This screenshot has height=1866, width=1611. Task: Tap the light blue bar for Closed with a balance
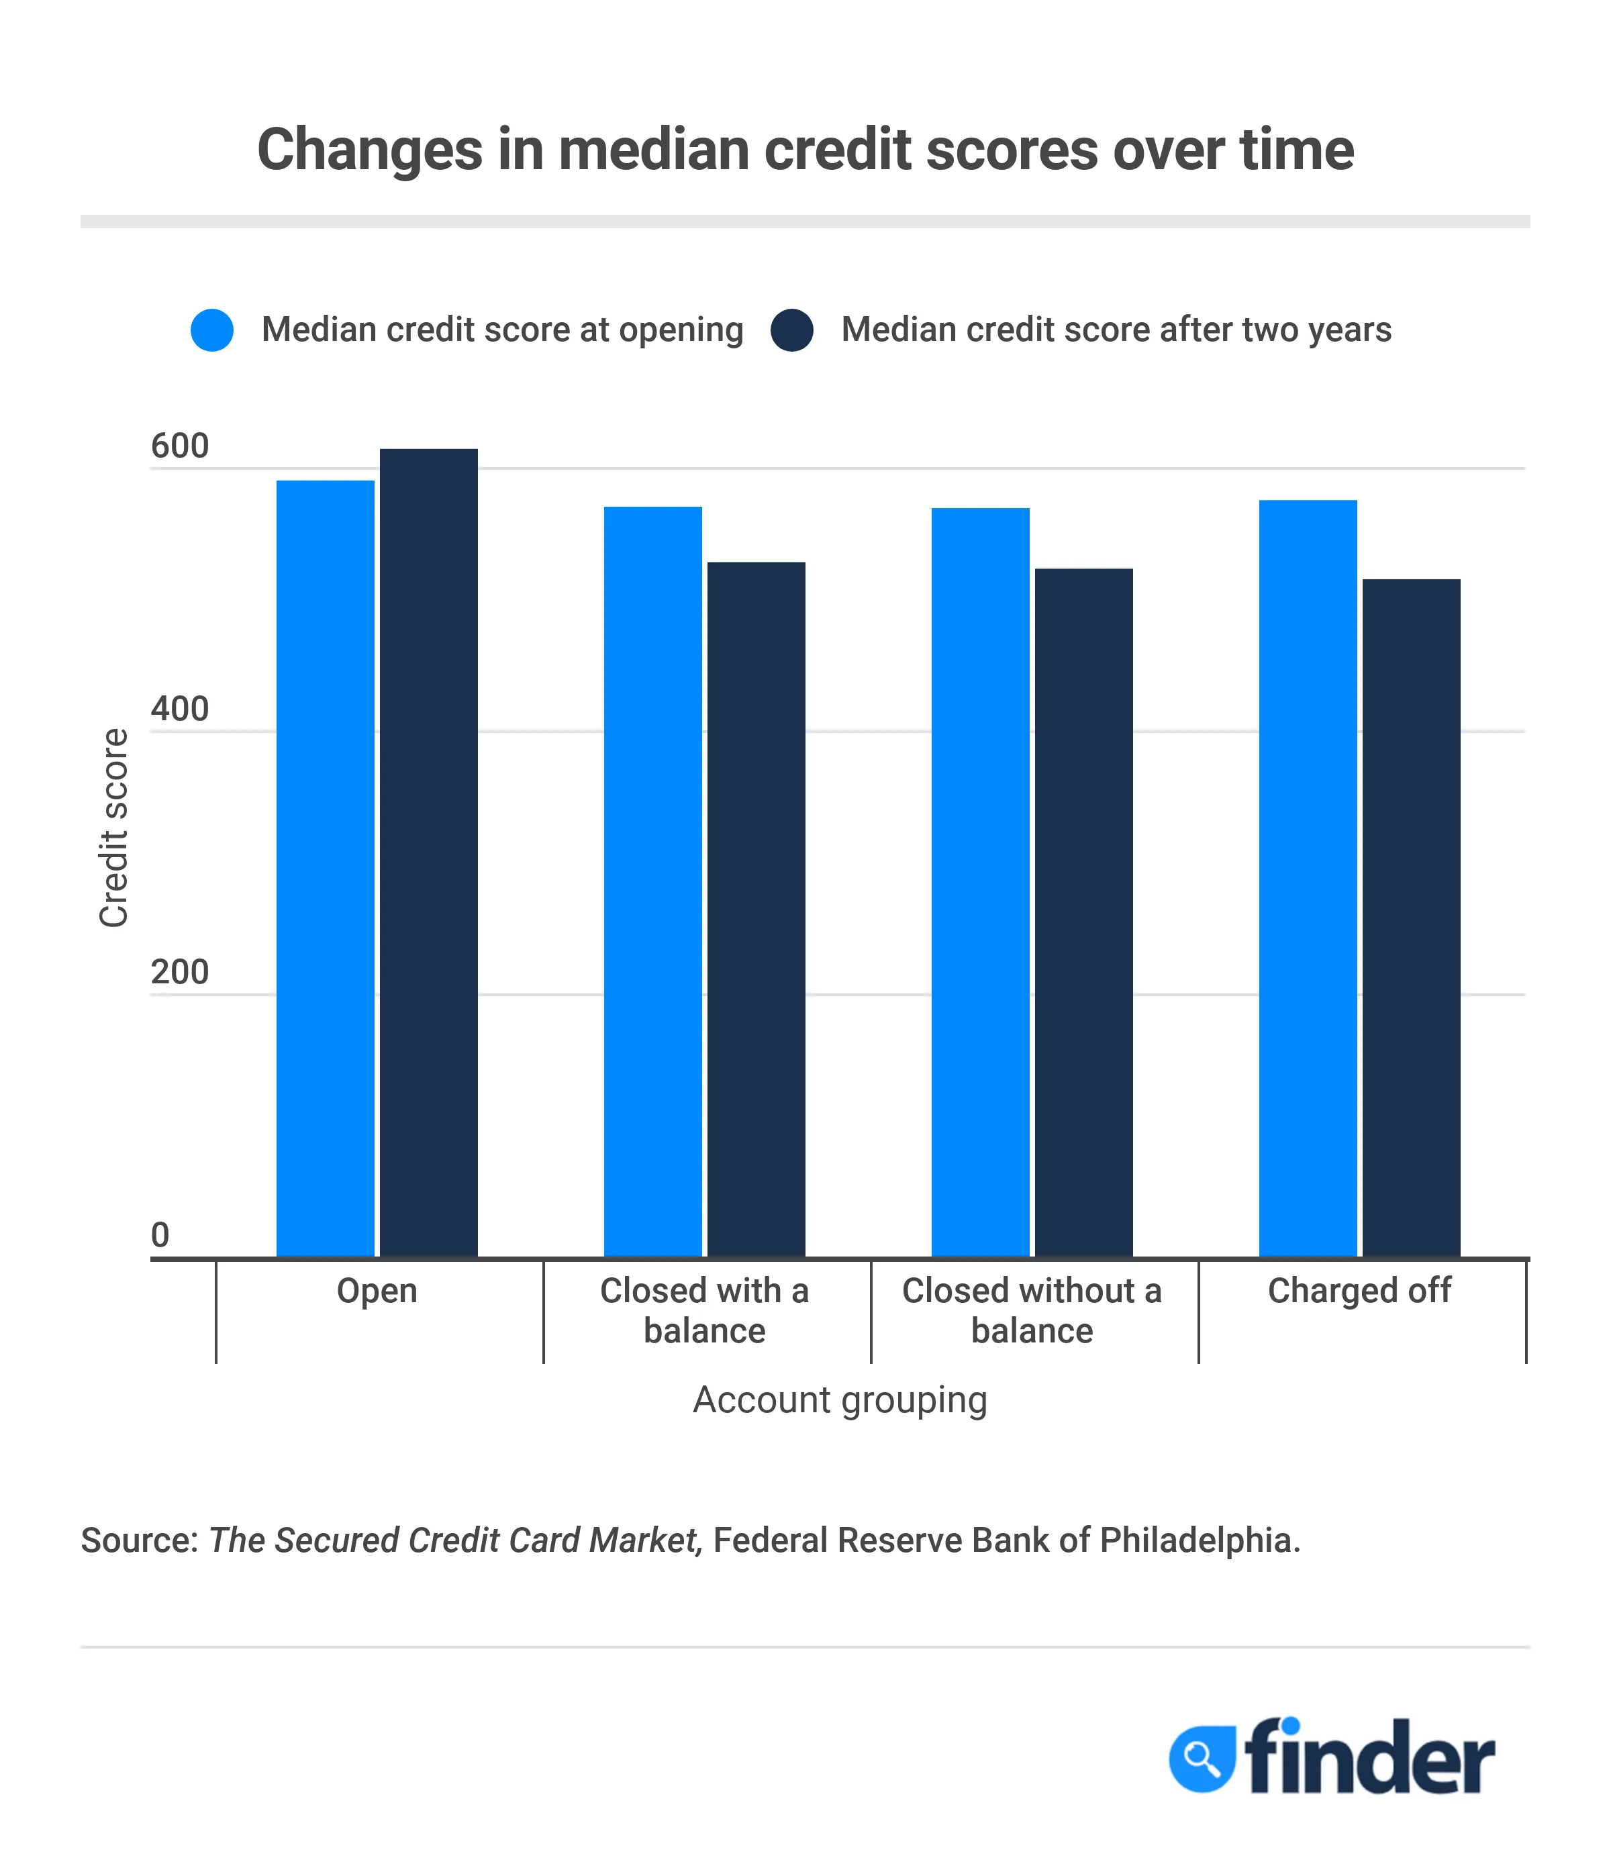[x=653, y=882]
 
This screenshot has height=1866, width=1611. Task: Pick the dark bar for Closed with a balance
[x=756, y=910]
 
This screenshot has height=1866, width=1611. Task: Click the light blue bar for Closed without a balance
[x=981, y=883]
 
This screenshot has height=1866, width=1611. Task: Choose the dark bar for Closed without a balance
[x=1084, y=912]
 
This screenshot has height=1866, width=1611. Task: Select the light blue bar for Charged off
[x=1308, y=878]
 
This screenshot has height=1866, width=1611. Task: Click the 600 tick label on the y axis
[x=179, y=446]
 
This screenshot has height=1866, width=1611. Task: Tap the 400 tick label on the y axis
[x=179, y=709]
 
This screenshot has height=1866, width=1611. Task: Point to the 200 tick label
[x=179, y=973]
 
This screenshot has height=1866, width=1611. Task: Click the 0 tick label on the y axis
[x=160, y=1234]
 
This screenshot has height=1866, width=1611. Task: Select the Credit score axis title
[x=114, y=828]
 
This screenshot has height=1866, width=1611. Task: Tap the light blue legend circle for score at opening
[x=213, y=330]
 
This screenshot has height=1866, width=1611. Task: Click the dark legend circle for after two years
[x=793, y=330]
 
